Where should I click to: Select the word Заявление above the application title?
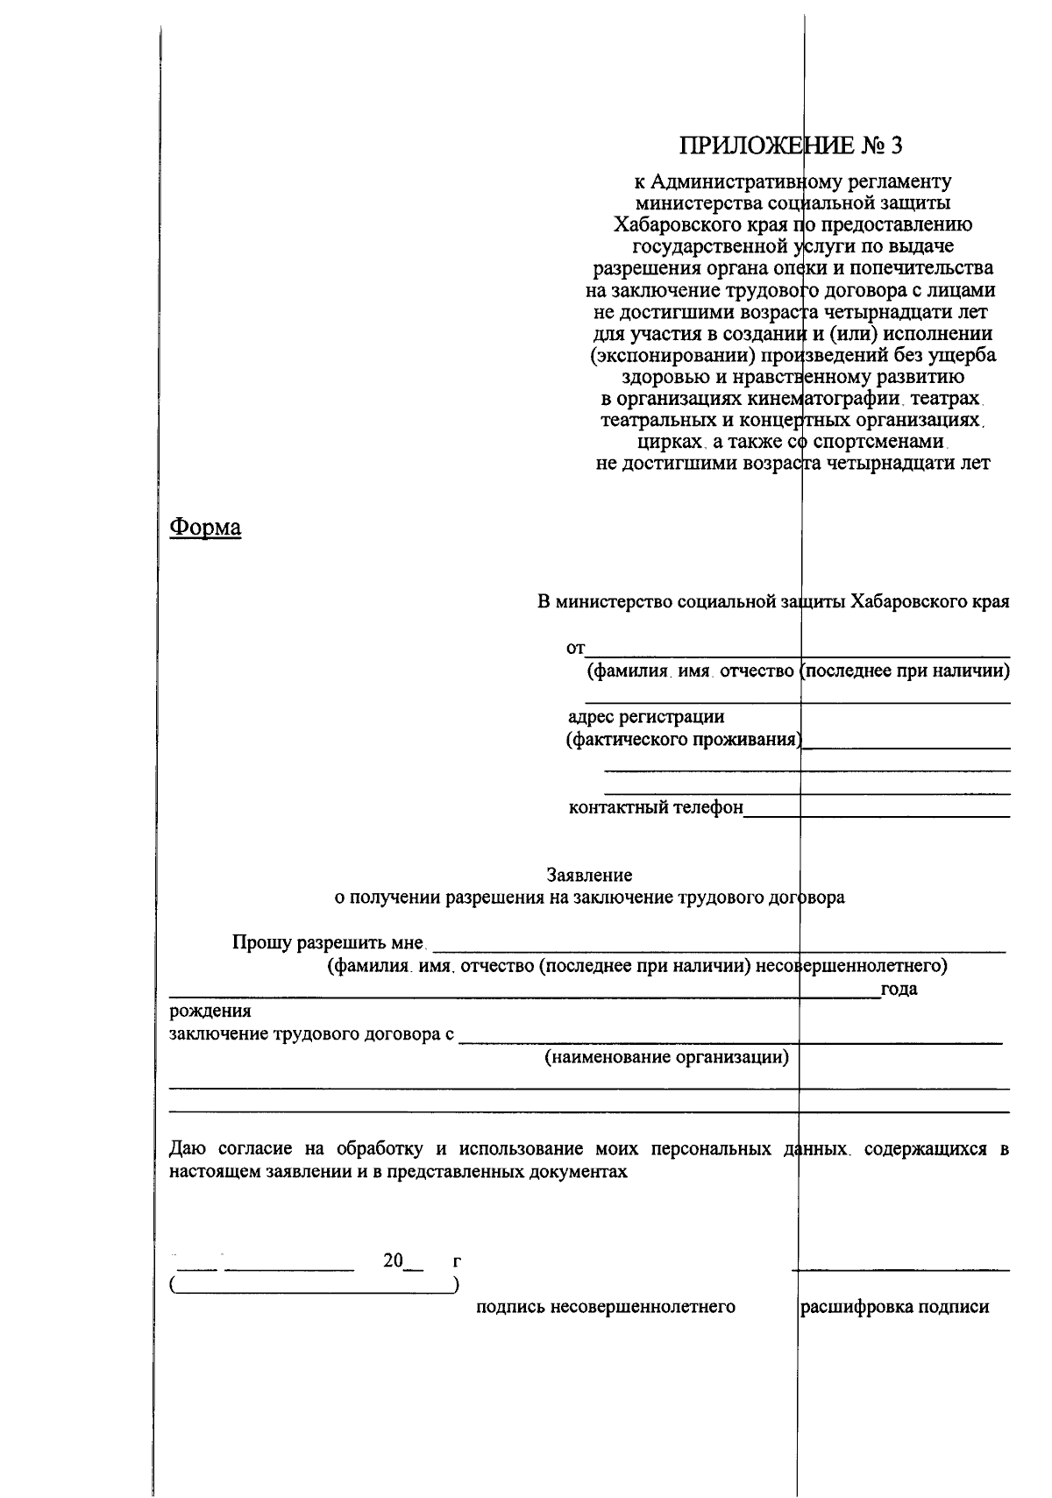pyautogui.click(x=589, y=875)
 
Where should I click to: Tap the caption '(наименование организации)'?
pyautogui.click(x=667, y=1056)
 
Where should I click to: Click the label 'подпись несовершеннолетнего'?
pyautogui.click(x=605, y=1307)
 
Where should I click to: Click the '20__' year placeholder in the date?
pyautogui.click(x=402, y=1261)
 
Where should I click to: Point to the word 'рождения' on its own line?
pyautogui.click(x=210, y=1012)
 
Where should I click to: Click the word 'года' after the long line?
pyautogui.click(x=899, y=990)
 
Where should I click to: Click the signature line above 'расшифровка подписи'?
pyautogui.click(x=900, y=1269)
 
